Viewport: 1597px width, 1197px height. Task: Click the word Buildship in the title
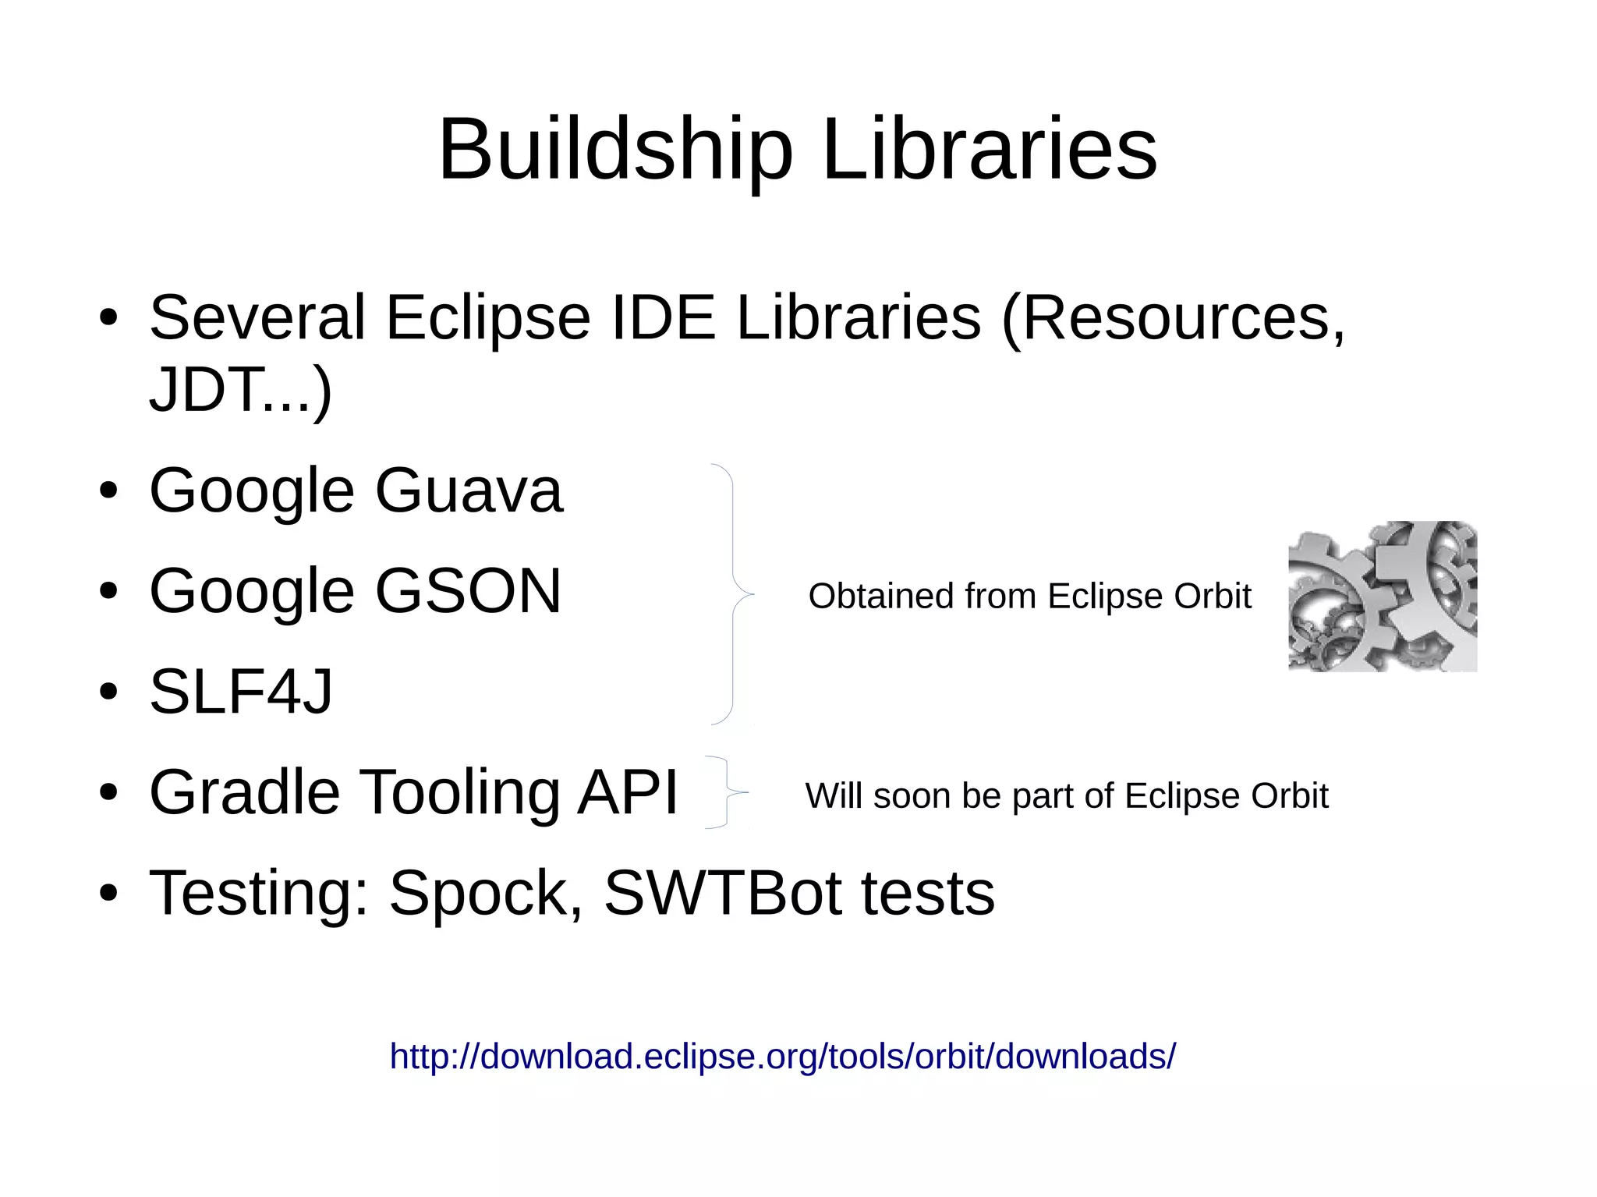(615, 150)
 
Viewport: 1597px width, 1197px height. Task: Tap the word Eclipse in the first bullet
(487, 317)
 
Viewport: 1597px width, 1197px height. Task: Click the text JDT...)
(240, 390)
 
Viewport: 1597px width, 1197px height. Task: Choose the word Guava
(468, 490)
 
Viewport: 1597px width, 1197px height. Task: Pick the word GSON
(468, 590)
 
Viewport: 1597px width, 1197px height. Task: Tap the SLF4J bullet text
(240, 691)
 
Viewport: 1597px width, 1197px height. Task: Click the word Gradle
(244, 792)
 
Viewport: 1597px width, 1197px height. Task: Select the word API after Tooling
(627, 792)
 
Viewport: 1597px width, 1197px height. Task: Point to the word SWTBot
(722, 893)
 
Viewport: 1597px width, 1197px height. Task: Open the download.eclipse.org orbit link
(782, 1057)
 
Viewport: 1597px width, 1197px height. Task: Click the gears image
(1382, 597)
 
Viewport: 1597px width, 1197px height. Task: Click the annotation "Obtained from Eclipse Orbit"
(1029, 597)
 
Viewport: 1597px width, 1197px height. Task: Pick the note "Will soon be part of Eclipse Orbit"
(1066, 796)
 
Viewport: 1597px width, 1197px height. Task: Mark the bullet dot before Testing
(108, 893)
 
